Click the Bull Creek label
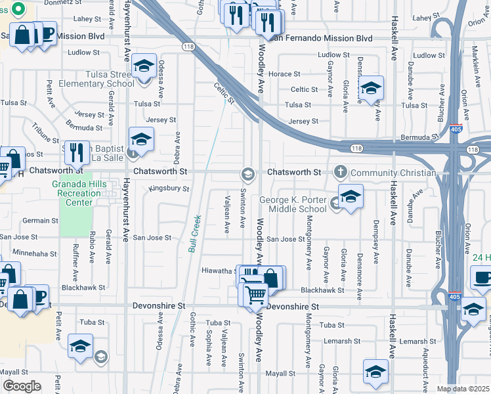[x=194, y=234]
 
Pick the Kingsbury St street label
[x=169, y=188]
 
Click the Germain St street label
[x=40, y=221]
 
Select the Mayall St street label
[x=281, y=374]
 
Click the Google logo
[x=22, y=386]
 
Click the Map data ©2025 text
[x=463, y=389]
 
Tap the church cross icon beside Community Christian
[x=340, y=172]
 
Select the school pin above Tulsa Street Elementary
[x=144, y=68]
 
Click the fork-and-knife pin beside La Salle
[x=77, y=153]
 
